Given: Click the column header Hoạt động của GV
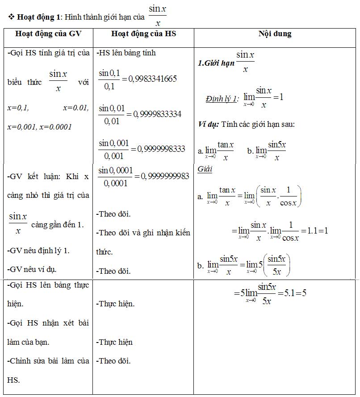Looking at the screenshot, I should click(x=49, y=34).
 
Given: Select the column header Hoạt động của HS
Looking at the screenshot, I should click(x=143, y=34).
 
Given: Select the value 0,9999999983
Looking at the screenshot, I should click(x=165, y=176).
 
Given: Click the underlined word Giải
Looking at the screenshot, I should click(x=205, y=169).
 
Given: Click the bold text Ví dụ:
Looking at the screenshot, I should click(x=208, y=124).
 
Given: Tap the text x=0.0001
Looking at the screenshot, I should click(x=56, y=127).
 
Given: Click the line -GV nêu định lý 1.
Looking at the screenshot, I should click(x=39, y=251).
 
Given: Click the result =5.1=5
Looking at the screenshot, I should click(x=291, y=293).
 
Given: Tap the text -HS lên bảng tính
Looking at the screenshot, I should click(x=126, y=53).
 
